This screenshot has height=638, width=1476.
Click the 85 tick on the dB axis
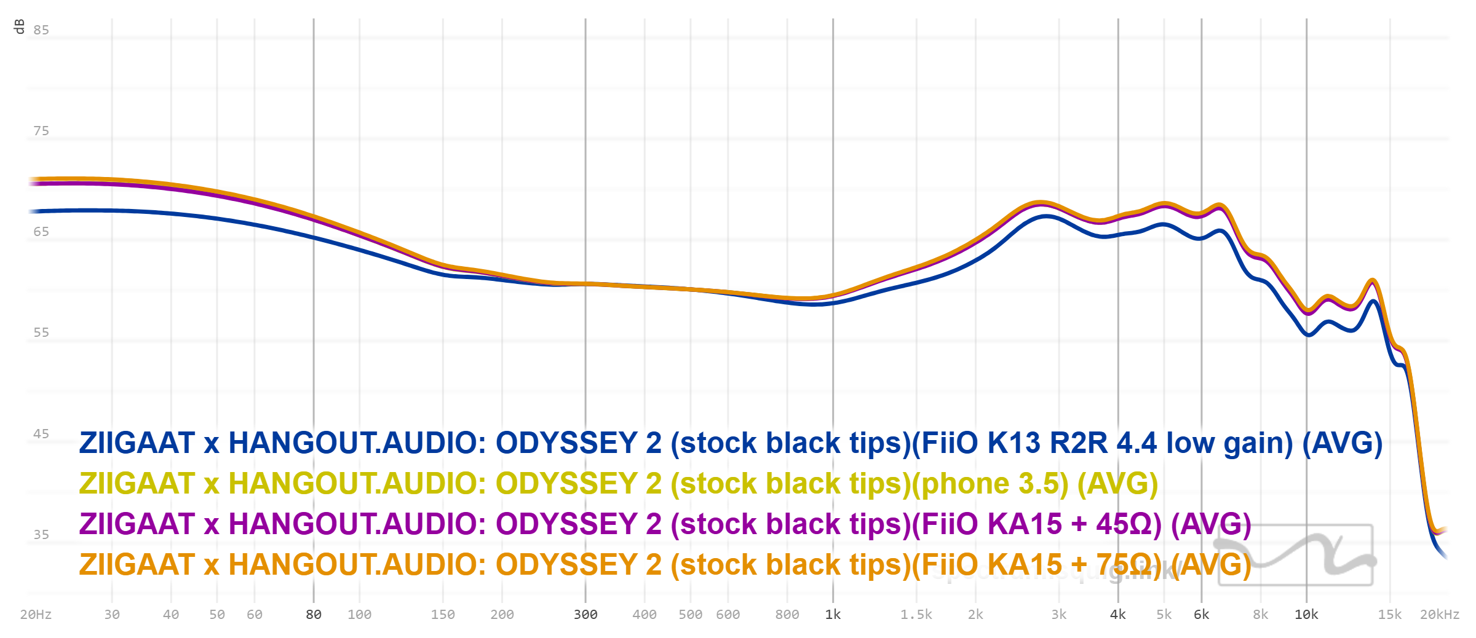(41, 30)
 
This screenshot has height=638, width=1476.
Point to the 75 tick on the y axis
(41, 131)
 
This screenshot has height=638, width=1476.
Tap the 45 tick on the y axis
(41, 434)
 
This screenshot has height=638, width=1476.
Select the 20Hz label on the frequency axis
(36, 615)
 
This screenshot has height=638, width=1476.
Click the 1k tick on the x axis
(833, 615)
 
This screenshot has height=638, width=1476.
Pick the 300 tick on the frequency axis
(585, 615)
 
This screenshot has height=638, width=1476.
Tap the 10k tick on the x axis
(1306, 615)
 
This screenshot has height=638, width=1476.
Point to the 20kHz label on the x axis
(1439, 615)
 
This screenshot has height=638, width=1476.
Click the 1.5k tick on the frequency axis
(916, 615)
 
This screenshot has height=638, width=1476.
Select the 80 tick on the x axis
(314, 615)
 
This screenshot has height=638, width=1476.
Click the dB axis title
(19, 26)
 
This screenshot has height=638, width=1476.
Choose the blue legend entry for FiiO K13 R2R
(731, 443)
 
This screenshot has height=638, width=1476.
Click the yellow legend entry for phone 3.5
(618, 484)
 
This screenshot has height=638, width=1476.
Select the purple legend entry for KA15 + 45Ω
(665, 524)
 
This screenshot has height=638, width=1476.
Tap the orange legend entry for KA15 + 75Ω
(665, 565)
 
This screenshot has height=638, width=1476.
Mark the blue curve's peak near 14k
(1373, 301)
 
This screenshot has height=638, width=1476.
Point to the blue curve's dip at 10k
(1308, 335)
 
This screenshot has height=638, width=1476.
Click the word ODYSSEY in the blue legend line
(566, 443)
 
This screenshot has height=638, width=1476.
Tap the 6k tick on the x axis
(1201, 615)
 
